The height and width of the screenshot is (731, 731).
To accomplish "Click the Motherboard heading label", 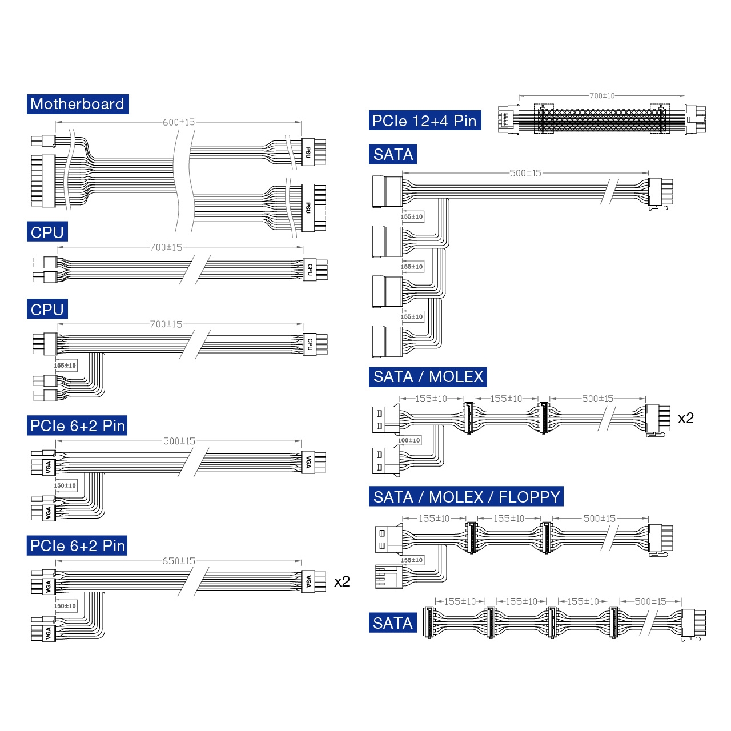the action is click(78, 104).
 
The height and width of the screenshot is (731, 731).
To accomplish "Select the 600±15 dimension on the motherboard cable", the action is click(179, 122).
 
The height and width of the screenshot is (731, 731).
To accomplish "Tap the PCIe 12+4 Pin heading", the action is click(424, 121).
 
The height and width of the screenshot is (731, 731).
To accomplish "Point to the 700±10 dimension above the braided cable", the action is click(601, 95).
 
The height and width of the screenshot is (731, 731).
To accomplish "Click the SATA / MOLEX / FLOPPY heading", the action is click(466, 496).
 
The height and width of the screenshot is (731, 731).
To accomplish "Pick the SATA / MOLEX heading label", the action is click(428, 377).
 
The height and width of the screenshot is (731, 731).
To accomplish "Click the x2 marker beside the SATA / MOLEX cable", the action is click(685, 417).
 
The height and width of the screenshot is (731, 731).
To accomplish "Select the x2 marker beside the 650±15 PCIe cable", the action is click(342, 581).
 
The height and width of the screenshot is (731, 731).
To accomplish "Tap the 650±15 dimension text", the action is click(179, 561).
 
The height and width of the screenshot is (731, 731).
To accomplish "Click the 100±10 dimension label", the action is click(409, 440).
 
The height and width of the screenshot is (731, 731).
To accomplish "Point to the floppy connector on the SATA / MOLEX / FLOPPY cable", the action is click(389, 577).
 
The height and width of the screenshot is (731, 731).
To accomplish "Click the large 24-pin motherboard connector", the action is click(43, 180).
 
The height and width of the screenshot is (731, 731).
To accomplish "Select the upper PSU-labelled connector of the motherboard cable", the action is click(314, 152).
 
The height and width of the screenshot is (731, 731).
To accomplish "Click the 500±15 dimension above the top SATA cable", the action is click(525, 173).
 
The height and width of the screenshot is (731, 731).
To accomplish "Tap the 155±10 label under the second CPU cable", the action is click(65, 365).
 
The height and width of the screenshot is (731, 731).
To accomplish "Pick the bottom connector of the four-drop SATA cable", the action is click(387, 342).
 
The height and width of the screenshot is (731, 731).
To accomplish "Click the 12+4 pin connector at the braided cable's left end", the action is click(508, 119).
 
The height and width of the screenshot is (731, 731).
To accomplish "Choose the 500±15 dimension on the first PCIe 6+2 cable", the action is click(179, 441).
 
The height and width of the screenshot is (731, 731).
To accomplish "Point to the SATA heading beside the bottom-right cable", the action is click(392, 623).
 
